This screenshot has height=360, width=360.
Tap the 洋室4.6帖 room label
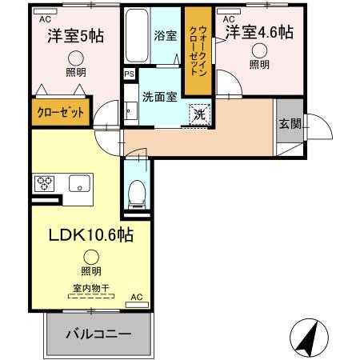click(258, 33)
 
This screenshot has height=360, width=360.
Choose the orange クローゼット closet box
click(62, 114)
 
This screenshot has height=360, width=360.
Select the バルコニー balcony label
click(98, 334)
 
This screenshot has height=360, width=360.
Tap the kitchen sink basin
click(80, 184)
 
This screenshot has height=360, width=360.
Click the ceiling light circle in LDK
click(91, 257)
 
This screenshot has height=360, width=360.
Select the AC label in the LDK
click(134, 296)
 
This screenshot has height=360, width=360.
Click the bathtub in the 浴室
click(138, 35)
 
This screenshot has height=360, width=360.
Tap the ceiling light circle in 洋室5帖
click(75, 57)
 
